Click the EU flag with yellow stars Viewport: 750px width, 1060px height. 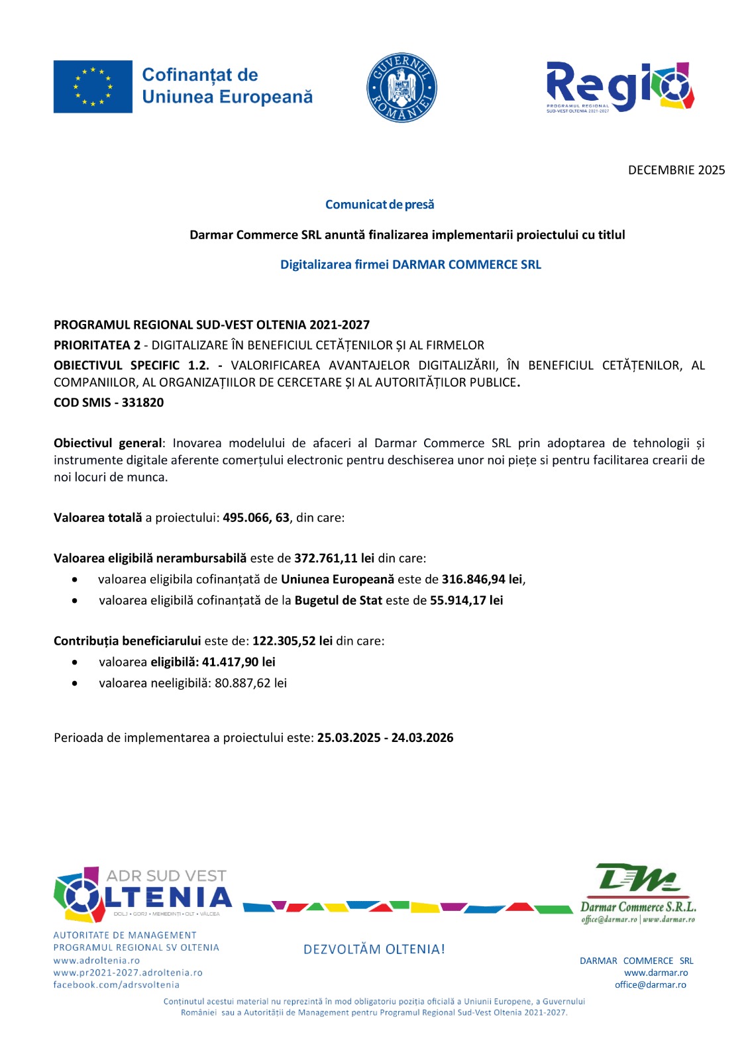click(x=93, y=87)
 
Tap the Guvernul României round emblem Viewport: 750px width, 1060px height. click(x=402, y=87)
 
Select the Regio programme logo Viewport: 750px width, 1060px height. click(x=619, y=87)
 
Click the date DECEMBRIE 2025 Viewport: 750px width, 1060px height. click(x=676, y=170)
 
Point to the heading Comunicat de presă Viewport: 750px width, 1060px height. click(x=380, y=205)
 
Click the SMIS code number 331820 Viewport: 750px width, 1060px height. click(x=142, y=402)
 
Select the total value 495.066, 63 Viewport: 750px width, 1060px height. click(x=256, y=517)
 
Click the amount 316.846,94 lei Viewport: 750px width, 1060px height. click(x=482, y=579)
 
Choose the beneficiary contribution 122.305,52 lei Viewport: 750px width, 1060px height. click(x=292, y=641)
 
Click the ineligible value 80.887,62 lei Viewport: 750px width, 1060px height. click(x=250, y=683)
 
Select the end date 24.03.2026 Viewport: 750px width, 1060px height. click(x=422, y=737)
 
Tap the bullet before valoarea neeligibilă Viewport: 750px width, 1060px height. click(x=75, y=683)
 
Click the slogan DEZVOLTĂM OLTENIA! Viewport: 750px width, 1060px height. click(x=374, y=949)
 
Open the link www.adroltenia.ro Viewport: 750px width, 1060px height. click(x=97, y=961)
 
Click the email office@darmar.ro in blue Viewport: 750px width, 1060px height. click(x=650, y=984)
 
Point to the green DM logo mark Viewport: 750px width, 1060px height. click(x=637, y=878)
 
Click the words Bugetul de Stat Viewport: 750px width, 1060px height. click(x=338, y=600)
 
